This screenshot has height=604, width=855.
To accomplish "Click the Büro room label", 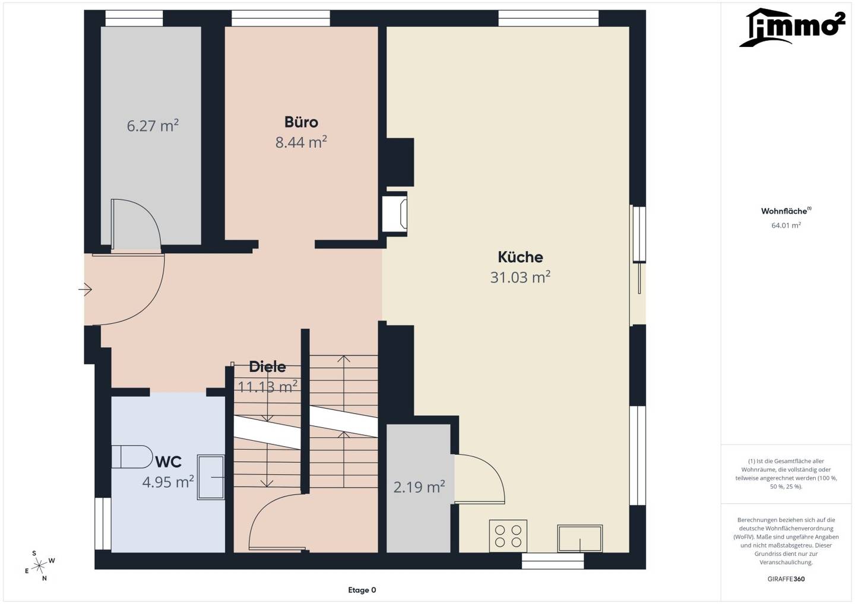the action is pyautogui.click(x=301, y=122).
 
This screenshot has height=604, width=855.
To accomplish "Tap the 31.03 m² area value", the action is pyautogui.click(x=520, y=277).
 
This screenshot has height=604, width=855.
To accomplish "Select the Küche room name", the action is pyautogui.click(x=520, y=257).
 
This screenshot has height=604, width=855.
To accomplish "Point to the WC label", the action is pyautogui.click(x=169, y=462).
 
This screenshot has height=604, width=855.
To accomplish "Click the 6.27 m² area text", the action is pyautogui.click(x=153, y=126).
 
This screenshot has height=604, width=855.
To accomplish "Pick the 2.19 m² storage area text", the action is pyautogui.click(x=419, y=487).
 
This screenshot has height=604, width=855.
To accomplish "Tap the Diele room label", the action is pyautogui.click(x=267, y=367).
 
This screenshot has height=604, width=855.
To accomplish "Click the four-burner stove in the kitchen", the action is pyautogui.click(x=508, y=536).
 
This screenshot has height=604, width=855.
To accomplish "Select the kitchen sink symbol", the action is pyautogui.click(x=579, y=538).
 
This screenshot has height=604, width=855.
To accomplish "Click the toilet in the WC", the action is pyautogui.click(x=130, y=456).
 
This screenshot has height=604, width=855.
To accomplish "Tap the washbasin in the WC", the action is pyautogui.click(x=211, y=478).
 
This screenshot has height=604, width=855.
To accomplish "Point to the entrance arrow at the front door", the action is pyautogui.click(x=85, y=290).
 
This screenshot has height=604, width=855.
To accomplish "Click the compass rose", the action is pyautogui.click(x=39, y=565).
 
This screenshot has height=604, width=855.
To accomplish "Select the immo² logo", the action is pyautogui.click(x=791, y=27).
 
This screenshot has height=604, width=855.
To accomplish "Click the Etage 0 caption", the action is pyautogui.click(x=362, y=590).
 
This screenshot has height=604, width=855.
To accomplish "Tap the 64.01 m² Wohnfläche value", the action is pyautogui.click(x=786, y=225).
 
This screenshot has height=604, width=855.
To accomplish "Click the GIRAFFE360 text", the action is pyautogui.click(x=786, y=579).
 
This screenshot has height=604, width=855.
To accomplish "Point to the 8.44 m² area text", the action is pyautogui.click(x=301, y=142).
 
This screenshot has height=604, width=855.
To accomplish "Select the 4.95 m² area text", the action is pyautogui.click(x=169, y=482).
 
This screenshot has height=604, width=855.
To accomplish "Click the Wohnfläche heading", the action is pyautogui.click(x=786, y=211).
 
